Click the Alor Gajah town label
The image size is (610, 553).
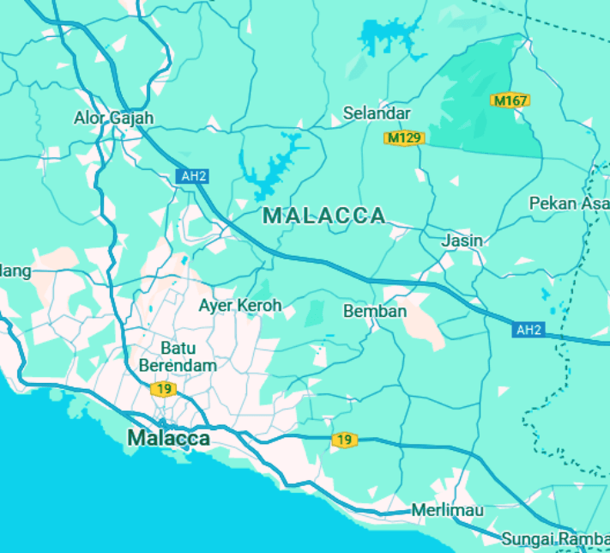click(113, 118)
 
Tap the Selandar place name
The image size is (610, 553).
click(377, 113)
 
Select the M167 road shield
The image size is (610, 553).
click(510, 101)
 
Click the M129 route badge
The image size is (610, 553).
click(404, 137)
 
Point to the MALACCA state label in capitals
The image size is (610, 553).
click(324, 216)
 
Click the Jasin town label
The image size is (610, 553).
click(462, 240)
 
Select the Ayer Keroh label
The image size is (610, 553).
click(240, 306)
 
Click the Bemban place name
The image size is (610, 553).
click(375, 311)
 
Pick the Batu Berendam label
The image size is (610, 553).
click(178, 356)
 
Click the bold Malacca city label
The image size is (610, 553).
click(168, 438)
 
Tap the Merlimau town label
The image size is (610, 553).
click(447, 510)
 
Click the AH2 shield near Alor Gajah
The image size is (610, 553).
click(194, 176)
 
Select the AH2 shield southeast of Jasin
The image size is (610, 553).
click(529, 329)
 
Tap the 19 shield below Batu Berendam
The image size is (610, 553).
click(162, 390)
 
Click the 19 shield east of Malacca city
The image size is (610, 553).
click(344, 441)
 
